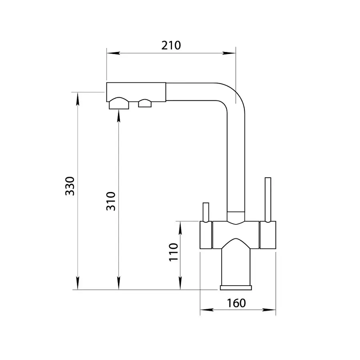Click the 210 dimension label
point(171,46)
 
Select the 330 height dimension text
point(70,186)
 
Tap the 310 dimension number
point(111,201)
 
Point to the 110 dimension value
point(174,252)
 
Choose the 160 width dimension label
point(236,303)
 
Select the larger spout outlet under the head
point(119,103)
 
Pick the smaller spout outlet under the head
point(145,103)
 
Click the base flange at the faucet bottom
point(236,288)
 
